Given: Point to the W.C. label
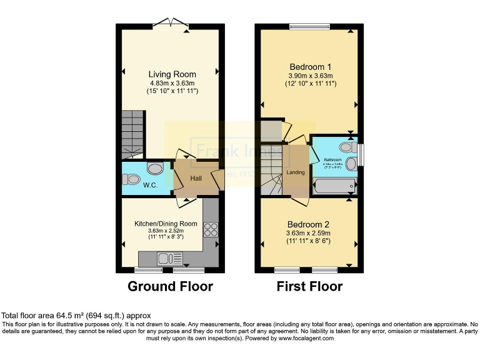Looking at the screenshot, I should (150, 186).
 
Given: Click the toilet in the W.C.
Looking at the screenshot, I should (132, 179).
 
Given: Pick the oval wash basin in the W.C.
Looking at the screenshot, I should (154, 167).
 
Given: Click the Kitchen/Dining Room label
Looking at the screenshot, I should (166, 224).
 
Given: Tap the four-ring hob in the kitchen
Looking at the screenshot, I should (211, 229).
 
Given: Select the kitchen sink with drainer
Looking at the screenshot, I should (169, 257).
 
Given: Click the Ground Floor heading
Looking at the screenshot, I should (170, 287).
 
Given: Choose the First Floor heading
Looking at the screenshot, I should (309, 287).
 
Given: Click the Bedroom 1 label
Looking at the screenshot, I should (311, 67).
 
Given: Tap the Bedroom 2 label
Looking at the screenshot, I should (308, 224).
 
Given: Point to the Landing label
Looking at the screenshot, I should (296, 172).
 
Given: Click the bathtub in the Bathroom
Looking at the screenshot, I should (335, 186).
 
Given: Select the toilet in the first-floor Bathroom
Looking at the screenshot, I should (344, 147).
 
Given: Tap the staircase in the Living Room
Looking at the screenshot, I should (133, 134).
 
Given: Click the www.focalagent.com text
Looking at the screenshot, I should (305, 338).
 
